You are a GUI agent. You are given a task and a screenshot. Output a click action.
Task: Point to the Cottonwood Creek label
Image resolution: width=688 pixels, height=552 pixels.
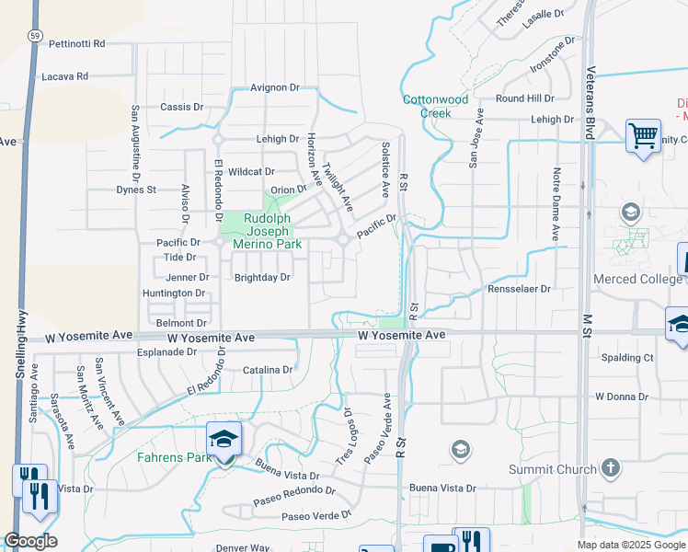[435, 106]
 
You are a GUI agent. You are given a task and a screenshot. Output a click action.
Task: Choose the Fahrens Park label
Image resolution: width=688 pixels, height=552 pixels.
[168, 457]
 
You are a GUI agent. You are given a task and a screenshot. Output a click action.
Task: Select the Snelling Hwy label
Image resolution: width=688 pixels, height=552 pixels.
[20, 351]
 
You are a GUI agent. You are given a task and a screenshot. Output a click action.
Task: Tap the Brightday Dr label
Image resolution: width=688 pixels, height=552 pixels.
[262, 277]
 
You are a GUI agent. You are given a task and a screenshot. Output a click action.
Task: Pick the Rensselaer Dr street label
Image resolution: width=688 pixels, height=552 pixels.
[520, 288]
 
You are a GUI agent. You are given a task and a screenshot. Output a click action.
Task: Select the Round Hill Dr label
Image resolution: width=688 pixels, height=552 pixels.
[525, 98]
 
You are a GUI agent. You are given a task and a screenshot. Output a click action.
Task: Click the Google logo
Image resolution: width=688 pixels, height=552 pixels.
[31, 541]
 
